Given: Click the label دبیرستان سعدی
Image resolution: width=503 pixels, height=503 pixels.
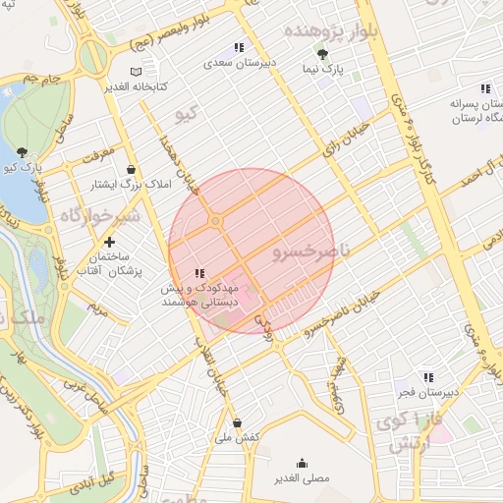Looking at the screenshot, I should [238, 62].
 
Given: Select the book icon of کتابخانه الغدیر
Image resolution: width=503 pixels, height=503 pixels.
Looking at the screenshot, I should [136, 72].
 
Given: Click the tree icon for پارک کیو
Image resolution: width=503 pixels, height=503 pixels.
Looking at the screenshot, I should [22, 152].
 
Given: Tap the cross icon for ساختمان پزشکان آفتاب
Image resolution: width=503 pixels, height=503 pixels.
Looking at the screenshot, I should [109, 241].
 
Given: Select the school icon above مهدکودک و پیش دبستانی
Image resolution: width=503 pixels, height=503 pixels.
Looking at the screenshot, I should [199, 272].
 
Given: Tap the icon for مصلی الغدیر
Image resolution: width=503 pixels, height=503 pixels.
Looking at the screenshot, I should [301, 463].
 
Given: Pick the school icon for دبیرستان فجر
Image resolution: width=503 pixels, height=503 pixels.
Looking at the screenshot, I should [427, 376].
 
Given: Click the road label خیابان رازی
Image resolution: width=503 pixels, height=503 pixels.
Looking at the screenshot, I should [346, 138].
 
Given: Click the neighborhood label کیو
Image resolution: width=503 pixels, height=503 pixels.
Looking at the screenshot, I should [186, 114].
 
